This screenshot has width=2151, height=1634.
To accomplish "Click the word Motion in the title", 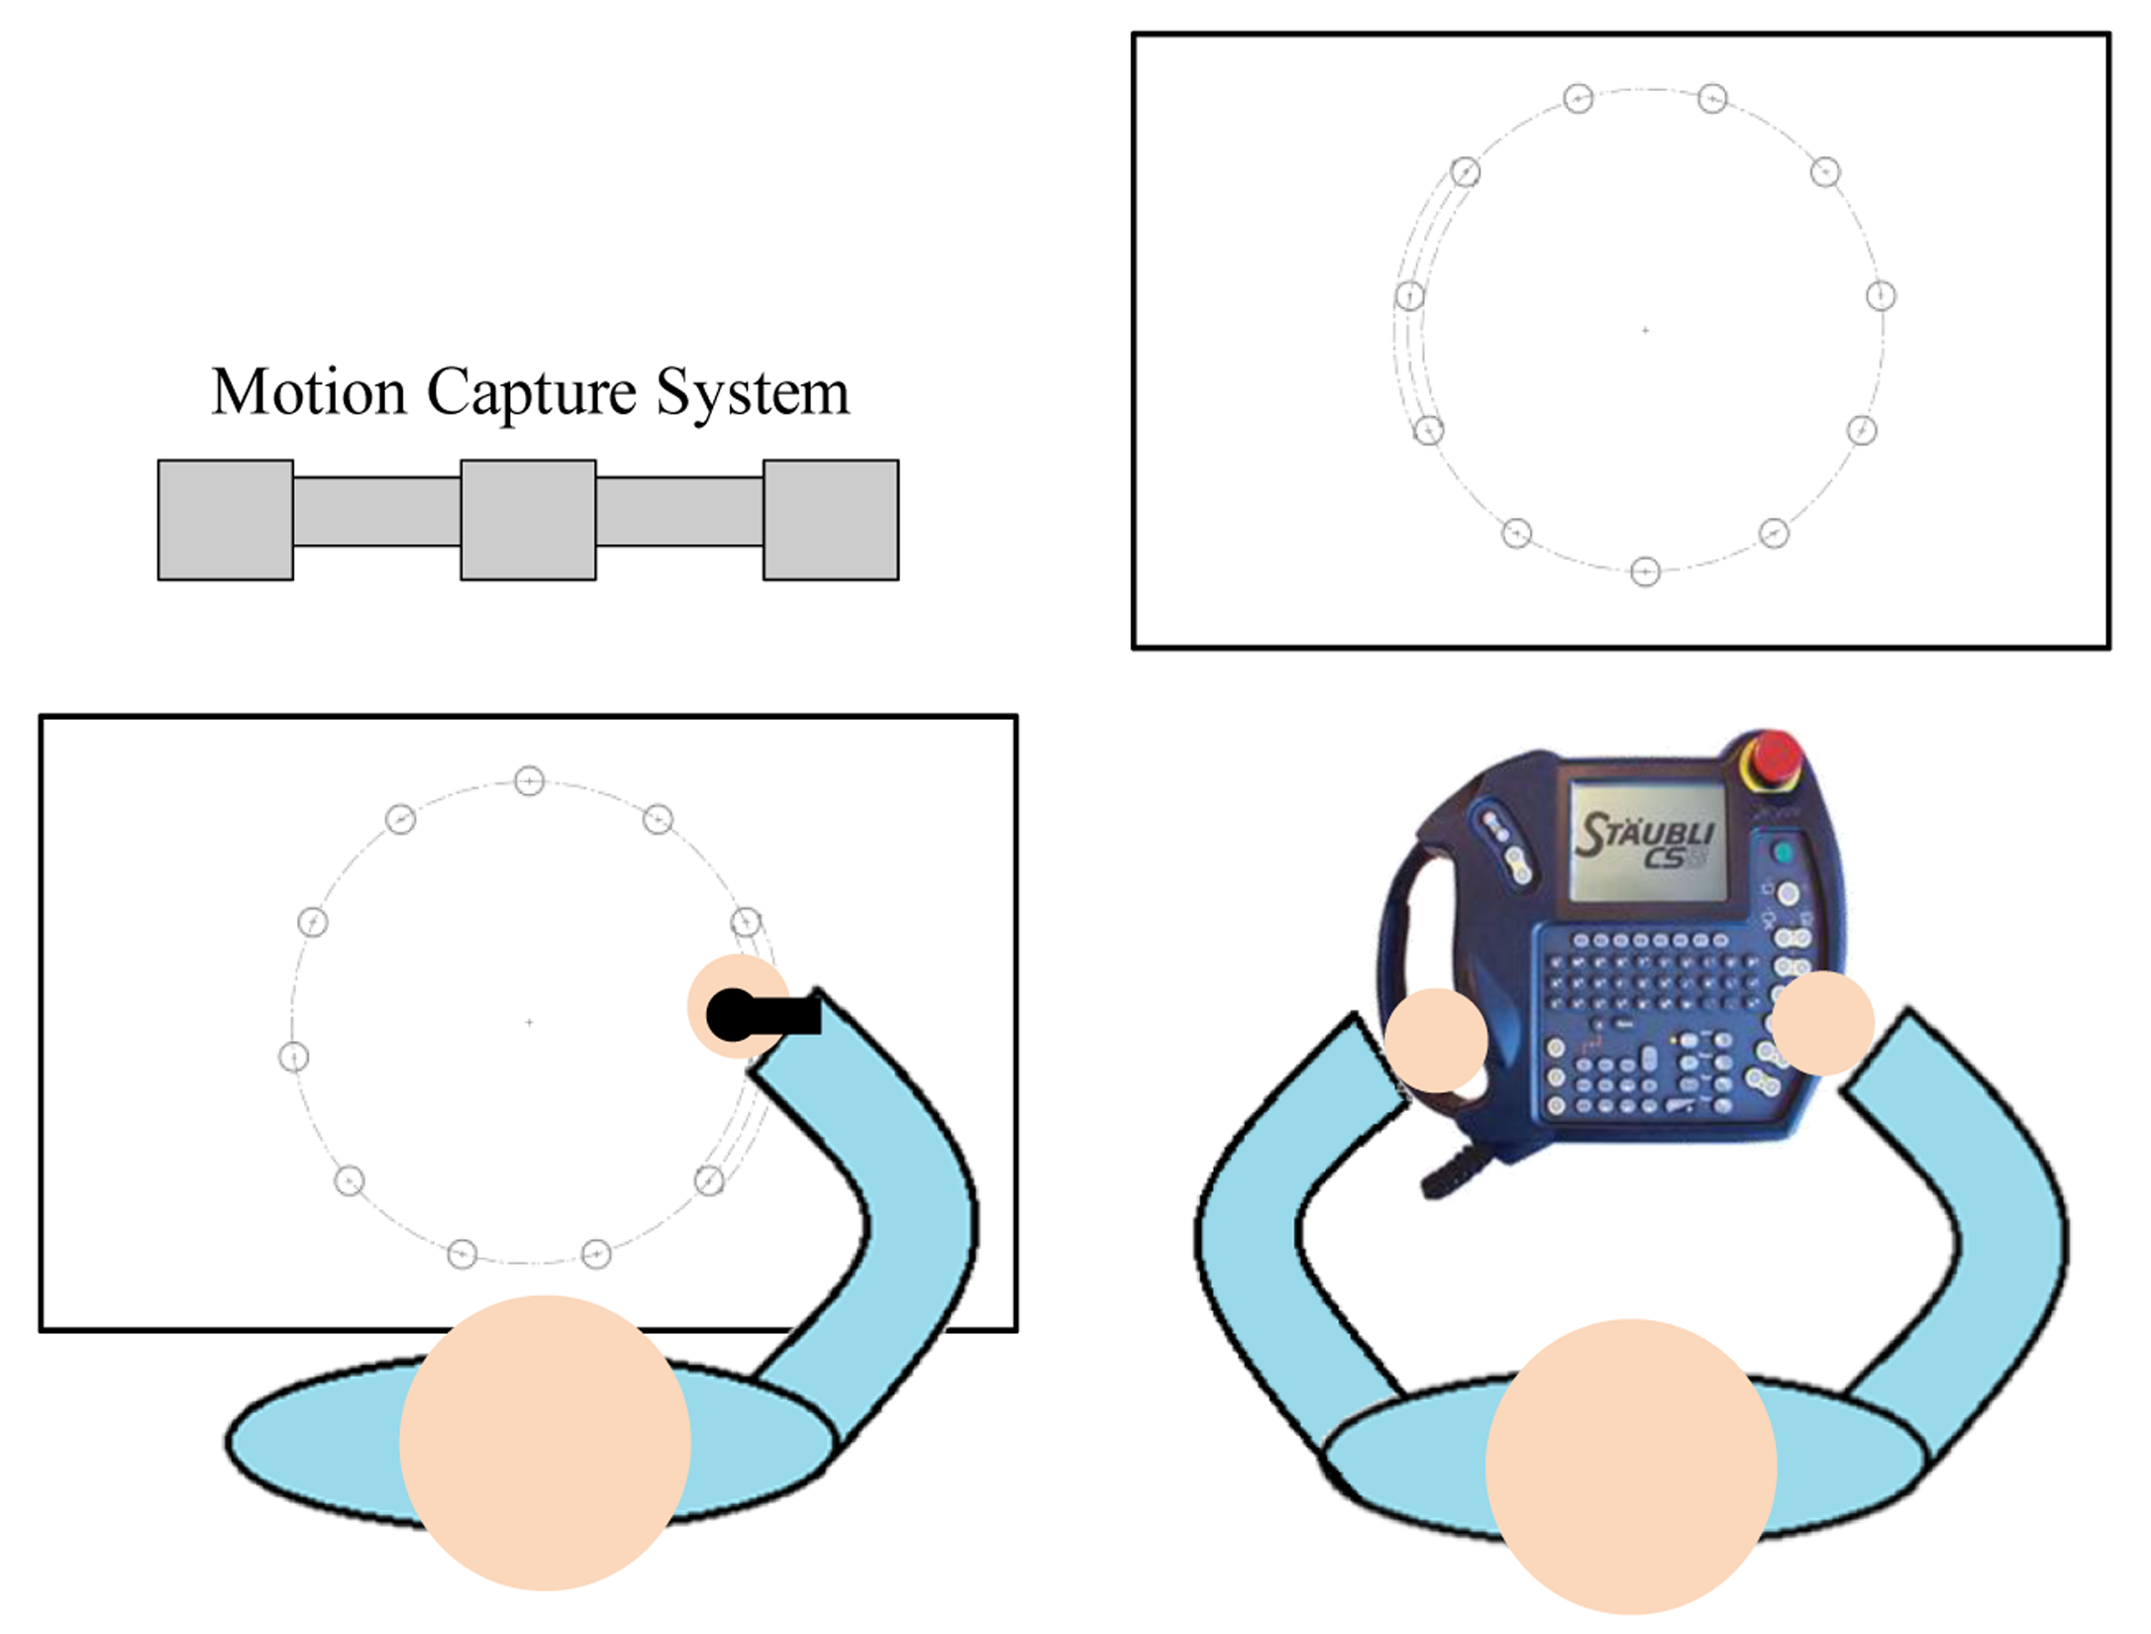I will [308, 392].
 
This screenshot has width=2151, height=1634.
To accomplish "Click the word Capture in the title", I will [531, 394].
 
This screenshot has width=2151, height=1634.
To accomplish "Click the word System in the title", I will [753, 394].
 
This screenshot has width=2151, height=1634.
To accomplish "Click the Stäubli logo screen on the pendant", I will [1647, 840].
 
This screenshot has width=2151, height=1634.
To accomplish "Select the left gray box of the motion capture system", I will [226, 520].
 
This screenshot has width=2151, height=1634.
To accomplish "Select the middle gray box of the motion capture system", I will [528, 520].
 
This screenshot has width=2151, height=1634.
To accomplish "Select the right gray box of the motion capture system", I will [831, 520].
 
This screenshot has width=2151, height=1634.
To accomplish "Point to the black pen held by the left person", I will [763, 1014].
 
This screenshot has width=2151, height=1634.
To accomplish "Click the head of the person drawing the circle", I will [544, 1442].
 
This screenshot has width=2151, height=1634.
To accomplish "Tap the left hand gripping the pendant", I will [1435, 1040].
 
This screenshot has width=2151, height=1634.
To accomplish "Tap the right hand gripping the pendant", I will [1822, 1023].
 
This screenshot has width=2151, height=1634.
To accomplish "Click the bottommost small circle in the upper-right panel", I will [1645, 571].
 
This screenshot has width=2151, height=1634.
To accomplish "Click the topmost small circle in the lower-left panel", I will [530, 781].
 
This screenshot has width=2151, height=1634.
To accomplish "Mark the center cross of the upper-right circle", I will [1646, 330].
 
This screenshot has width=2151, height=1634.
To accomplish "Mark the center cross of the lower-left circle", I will [530, 1022].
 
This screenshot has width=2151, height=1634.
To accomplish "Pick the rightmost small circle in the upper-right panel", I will [1881, 295].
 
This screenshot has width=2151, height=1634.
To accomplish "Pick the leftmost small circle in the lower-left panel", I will [293, 1057].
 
